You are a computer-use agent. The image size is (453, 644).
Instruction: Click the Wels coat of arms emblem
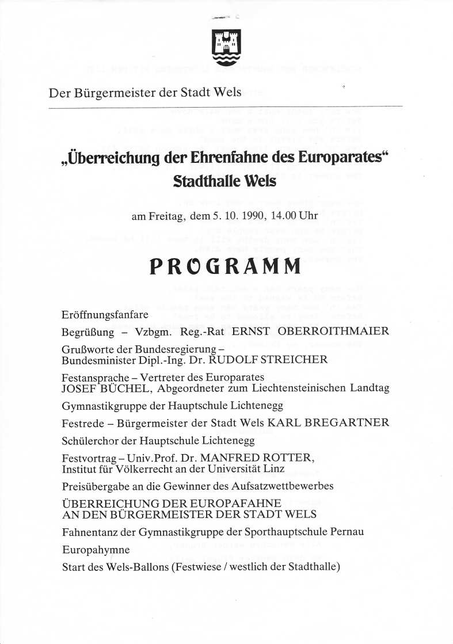point(227,47)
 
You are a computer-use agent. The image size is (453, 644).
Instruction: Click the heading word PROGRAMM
point(226,266)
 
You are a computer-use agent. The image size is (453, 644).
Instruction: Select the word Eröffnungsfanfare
point(105,315)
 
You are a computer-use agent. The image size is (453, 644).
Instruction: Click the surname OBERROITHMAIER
point(334,331)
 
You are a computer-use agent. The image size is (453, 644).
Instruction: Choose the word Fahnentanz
point(89,532)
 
